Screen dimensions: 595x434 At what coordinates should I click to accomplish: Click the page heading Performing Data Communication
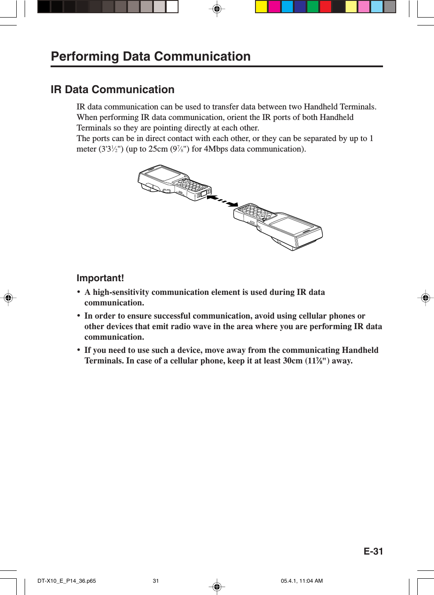150,56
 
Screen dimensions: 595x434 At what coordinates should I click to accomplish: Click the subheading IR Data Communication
113,90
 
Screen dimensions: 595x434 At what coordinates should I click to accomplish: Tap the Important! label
100,278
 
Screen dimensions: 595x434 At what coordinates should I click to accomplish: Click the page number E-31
373,551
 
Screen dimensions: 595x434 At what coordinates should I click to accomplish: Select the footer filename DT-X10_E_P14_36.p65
66,581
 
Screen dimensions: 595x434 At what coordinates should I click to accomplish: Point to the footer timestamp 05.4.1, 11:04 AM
302,581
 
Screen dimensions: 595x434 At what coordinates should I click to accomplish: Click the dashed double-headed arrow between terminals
222,201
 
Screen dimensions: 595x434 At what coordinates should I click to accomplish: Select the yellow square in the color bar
261,7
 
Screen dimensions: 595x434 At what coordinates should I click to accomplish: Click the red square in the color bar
325,7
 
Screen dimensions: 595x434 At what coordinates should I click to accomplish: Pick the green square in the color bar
313,7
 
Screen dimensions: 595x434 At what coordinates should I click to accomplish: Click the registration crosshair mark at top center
217,9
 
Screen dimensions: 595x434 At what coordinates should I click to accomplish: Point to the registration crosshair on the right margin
425,298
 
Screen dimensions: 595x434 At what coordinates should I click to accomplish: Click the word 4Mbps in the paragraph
216,149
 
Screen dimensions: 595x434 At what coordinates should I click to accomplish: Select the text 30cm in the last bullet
292,361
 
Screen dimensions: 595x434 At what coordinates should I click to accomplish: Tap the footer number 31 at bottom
156,581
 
